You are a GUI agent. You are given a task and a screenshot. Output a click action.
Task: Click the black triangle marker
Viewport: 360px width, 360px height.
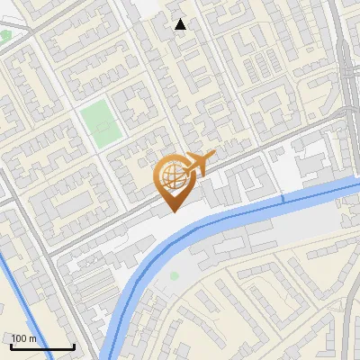pyautogui.click(x=181, y=24)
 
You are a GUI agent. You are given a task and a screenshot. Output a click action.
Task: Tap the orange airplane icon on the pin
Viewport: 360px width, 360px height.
pyautogui.click(x=198, y=164)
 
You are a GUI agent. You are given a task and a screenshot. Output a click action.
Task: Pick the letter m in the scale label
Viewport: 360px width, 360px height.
pyautogui.click(x=33, y=338)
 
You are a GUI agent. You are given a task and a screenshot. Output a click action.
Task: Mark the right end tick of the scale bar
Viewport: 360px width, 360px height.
pyautogui.click(x=74, y=346)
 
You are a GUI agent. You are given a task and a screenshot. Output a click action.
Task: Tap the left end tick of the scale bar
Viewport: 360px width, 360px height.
pyautogui.click(x=11, y=346)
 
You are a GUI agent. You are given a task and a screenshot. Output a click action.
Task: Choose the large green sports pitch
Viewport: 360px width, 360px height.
pyautogui.click(x=100, y=123)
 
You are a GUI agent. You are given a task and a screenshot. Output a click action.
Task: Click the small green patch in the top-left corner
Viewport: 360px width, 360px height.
pyautogui.click(x=5, y=35)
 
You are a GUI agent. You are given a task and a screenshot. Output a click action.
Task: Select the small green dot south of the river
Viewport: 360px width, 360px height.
pyautogui.click(x=174, y=275)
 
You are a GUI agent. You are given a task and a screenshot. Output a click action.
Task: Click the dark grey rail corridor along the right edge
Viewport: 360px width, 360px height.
pyautogui.click(x=350, y=72)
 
